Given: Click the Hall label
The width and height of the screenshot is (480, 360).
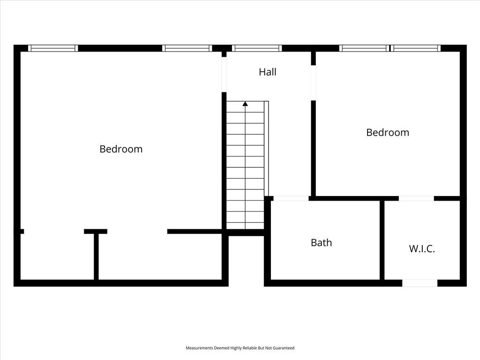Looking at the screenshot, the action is (x=268, y=72).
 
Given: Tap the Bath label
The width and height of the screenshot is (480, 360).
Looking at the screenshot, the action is (x=321, y=242).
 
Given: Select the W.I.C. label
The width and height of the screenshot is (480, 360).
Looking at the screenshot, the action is (x=422, y=248).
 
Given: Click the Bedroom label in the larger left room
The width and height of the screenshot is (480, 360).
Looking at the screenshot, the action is (x=121, y=149).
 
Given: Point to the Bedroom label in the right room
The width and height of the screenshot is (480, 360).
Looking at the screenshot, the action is (x=388, y=132).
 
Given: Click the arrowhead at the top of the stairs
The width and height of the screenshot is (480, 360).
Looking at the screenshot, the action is (x=245, y=104).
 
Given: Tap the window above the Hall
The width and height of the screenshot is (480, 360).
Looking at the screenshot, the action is (x=257, y=48).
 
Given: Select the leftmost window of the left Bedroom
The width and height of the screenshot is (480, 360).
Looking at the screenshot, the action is (x=53, y=48).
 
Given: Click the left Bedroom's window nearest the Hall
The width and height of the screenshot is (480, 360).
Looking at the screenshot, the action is (x=187, y=48).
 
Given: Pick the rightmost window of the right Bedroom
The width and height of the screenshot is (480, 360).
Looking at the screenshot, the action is (x=415, y=48).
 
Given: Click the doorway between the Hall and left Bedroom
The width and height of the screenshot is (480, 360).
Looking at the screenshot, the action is (x=224, y=75).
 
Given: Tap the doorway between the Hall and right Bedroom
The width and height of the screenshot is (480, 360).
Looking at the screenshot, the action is (x=314, y=82).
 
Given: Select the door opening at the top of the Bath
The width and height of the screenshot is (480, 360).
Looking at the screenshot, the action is (x=291, y=198).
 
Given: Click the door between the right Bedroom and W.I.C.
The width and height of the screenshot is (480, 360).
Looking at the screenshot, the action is (x=416, y=198).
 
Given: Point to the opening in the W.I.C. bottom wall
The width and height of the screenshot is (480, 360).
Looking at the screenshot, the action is (x=420, y=283).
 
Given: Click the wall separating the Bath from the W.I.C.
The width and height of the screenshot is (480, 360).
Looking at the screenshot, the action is (x=382, y=240).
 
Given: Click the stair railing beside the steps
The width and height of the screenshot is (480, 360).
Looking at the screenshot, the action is (x=266, y=149).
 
